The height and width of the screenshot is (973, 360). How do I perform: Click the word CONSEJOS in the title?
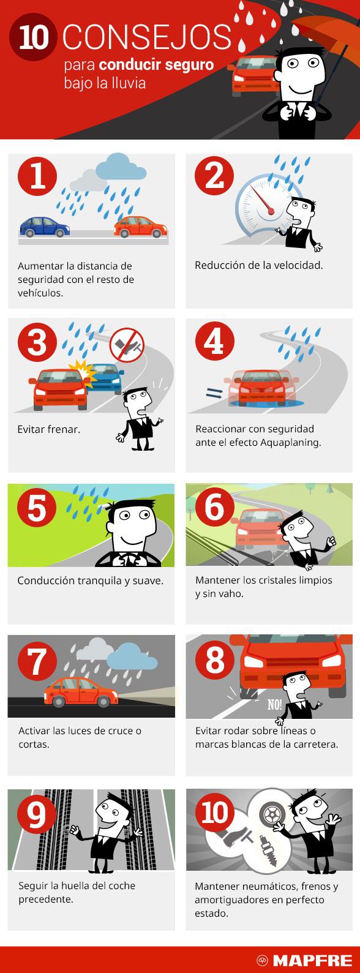147,37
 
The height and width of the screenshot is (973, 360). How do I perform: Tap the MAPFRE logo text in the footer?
312,960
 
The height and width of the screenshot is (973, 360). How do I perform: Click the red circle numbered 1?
37,176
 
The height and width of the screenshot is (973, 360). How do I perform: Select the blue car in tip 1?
45,227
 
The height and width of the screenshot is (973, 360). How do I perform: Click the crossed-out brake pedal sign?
126,345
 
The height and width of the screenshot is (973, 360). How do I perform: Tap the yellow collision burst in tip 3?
83,372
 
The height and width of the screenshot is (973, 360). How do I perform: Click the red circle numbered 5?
37,507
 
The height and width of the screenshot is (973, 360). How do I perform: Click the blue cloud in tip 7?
131,657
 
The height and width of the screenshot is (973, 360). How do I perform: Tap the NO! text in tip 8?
274,704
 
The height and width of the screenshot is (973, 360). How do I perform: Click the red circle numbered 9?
37,815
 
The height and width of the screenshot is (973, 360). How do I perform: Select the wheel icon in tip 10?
272,814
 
